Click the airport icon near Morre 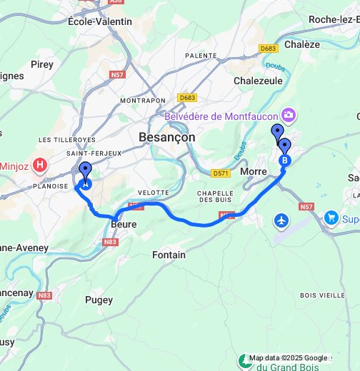click(x=282, y=220)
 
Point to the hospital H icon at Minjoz click(x=41, y=165)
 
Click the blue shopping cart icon click(x=331, y=217)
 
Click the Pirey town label click(x=42, y=64)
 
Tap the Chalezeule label click(x=258, y=81)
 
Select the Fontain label click(x=169, y=255)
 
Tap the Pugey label click(x=99, y=300)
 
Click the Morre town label click(x=254, y=172)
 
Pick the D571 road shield click(x=221, y=173)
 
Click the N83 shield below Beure click(x=110, y=243)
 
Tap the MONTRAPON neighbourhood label click(x=143, y=101)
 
